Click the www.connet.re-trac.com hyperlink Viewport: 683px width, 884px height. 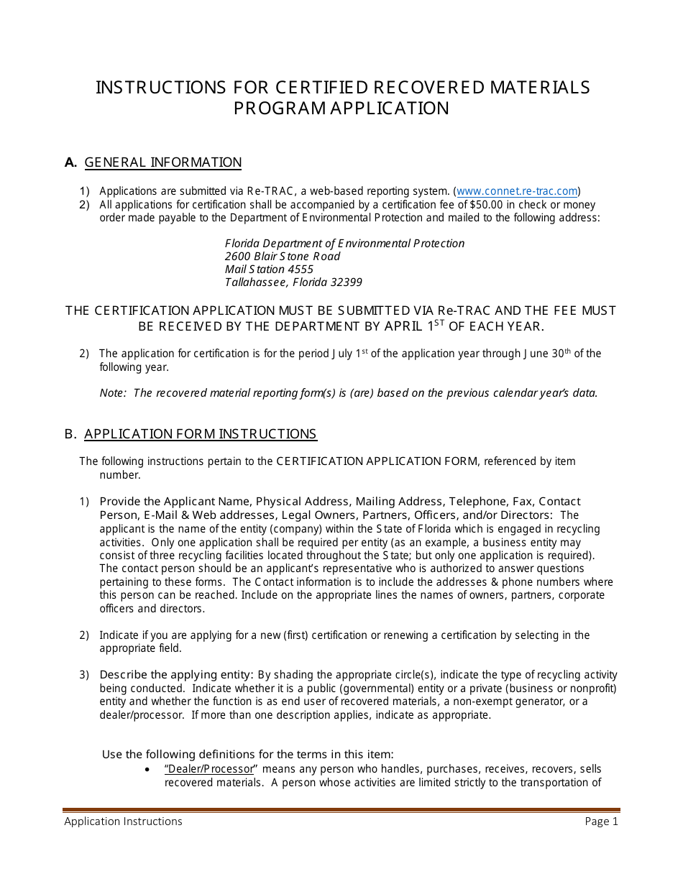(x=517, y=191)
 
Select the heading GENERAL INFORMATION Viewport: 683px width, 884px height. (x=163, y=162)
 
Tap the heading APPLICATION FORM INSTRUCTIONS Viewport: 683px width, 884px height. (x=201, y=434)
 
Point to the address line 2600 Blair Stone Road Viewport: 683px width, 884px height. (x=283, y=257)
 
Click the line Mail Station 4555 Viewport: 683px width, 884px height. (x=269, y=270)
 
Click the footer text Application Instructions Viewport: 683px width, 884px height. (x=123, y=821)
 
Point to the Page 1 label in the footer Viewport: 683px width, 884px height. (x=601, y=821)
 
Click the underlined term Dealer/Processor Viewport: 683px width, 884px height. (x=210, y=769)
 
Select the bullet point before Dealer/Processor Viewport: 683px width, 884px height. (x=147, y=770)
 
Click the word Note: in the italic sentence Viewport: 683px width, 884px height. (x=114, y=393)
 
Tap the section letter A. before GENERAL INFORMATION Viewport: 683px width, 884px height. (x=70, y=162)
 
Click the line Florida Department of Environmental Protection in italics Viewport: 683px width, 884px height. (x=344, y=244)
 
